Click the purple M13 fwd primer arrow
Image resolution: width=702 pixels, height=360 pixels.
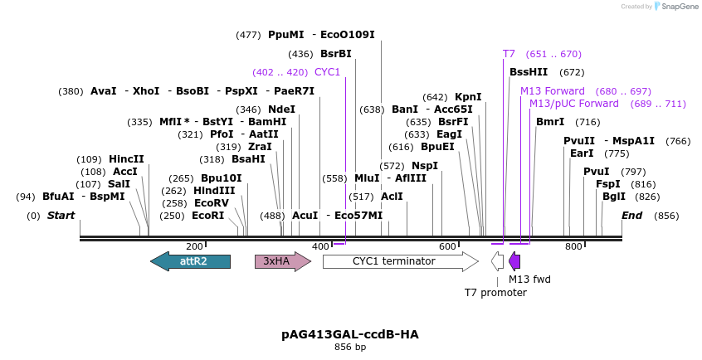tap(514, 262)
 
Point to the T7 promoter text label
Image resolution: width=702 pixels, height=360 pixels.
tap(495, 292)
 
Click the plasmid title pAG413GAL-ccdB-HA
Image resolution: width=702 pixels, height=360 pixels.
tap(350, 334)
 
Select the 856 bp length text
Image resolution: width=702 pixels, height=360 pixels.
tap(350, 347)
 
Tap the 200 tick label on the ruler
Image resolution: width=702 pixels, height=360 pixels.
tap(194, 246)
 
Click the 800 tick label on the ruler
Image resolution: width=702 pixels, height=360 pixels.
tap(573, 246)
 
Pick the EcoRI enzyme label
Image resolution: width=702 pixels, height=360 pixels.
tap(207, 215)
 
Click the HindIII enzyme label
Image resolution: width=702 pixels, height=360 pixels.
tap(214, 190)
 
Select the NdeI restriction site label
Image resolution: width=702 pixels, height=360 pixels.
tap(281, 109)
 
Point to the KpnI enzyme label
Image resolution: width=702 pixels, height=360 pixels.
tap(468, 96)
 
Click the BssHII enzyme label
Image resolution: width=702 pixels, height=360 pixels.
tap(529, 72)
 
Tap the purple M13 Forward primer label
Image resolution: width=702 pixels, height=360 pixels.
tap(553, 90)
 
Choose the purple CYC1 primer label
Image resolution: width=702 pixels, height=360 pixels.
tap(327, 72)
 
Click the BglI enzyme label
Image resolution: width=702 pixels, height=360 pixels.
tap(614, 197)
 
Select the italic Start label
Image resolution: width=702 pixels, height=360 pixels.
tap(61, 216)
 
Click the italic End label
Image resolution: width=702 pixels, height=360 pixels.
tap(632, 216)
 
